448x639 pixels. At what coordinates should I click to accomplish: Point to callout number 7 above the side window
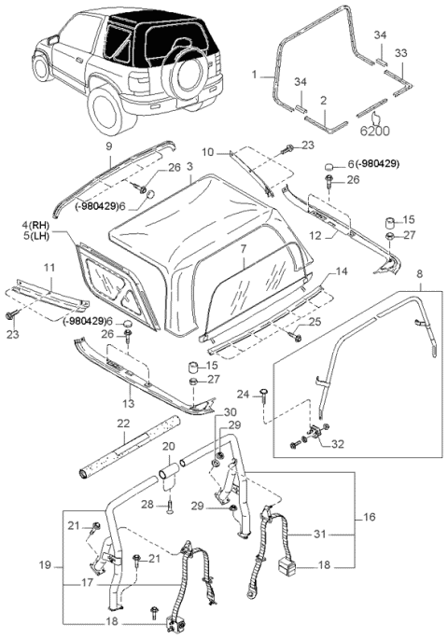click(x=242, y=251)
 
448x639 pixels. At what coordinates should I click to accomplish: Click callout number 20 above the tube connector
click(x=169, y=446)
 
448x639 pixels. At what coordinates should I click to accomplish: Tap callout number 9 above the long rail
click(x=107, y=147)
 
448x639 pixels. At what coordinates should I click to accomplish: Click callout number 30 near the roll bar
click(x=230, y=411)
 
